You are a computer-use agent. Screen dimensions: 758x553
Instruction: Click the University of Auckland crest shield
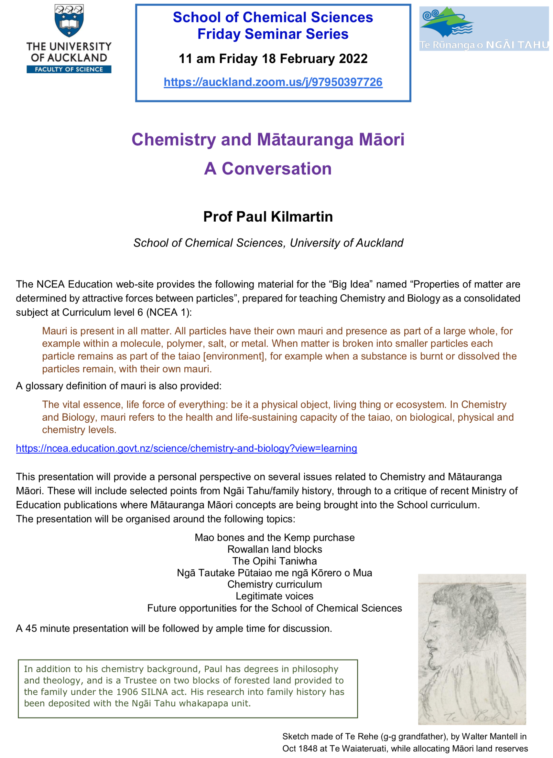(69, 20)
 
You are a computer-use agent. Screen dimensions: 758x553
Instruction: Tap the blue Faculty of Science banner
(69, 69)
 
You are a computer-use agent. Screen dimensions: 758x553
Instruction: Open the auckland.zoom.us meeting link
(273, 82)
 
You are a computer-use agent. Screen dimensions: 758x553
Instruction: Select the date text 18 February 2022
(314, 59)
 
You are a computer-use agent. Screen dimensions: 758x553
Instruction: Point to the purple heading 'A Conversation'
(268, 168)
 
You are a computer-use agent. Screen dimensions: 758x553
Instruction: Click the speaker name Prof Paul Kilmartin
(268, 217)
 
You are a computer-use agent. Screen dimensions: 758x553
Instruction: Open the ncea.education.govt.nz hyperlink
(187, 448)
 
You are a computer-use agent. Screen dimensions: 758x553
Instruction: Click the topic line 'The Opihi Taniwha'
(275, 561)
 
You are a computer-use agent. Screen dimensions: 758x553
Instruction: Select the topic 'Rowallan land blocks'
(275, 549)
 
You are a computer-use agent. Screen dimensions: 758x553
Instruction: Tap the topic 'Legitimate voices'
(275, 596)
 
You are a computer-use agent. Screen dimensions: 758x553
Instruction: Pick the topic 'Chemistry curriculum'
(275, 584)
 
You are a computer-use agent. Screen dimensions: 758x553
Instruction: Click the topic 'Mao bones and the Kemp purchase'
(275, 538)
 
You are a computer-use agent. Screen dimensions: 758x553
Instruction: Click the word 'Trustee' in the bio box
(141, 680)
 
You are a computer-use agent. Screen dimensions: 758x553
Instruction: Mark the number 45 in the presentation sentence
(31, 629)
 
